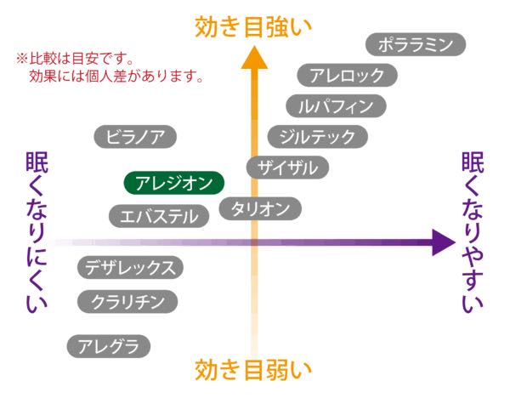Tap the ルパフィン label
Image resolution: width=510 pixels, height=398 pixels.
336,106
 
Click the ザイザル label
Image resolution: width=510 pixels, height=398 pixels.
287,168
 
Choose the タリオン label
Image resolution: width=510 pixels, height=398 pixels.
261,208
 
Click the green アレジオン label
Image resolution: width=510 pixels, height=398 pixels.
174,183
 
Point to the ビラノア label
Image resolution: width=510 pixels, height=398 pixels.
135,135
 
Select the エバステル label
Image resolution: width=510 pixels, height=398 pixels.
160,216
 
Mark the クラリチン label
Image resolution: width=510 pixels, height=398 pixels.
127,301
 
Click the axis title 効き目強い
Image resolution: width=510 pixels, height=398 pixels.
253,26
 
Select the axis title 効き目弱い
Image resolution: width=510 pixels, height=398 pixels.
253,371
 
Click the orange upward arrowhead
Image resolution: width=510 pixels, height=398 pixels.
254,57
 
